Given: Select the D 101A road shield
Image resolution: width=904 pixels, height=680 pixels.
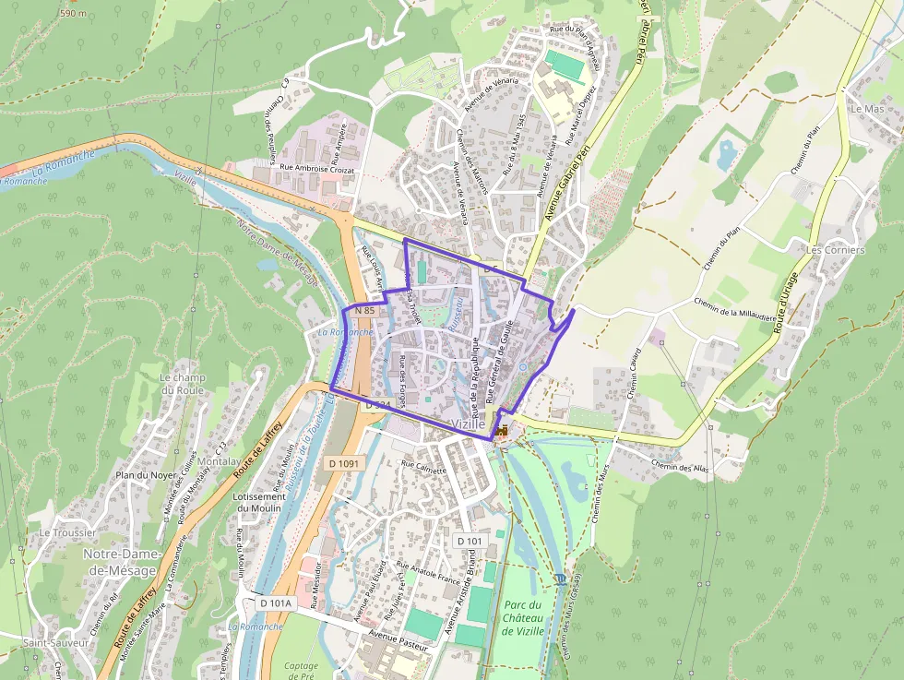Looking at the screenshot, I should [x=274, y=602].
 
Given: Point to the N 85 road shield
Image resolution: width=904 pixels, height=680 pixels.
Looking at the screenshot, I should [x=363, y=310].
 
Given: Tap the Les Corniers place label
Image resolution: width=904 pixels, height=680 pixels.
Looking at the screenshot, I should [x=835, y=250].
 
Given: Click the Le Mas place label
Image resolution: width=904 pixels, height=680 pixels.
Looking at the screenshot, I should [x=867, y=109].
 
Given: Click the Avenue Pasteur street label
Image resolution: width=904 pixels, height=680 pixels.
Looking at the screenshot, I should [x=398, y=640].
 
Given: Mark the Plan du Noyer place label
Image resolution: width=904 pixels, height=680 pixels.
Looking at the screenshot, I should [x=145, y=475].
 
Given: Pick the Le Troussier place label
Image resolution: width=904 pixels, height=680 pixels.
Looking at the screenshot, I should [x=67, y=533].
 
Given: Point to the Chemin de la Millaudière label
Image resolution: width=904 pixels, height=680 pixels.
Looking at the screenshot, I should [x=734, y=308].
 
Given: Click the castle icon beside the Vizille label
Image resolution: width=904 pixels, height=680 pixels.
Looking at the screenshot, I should [x=502, y=430].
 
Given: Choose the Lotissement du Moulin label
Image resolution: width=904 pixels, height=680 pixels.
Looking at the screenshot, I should [x=259, y=503].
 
